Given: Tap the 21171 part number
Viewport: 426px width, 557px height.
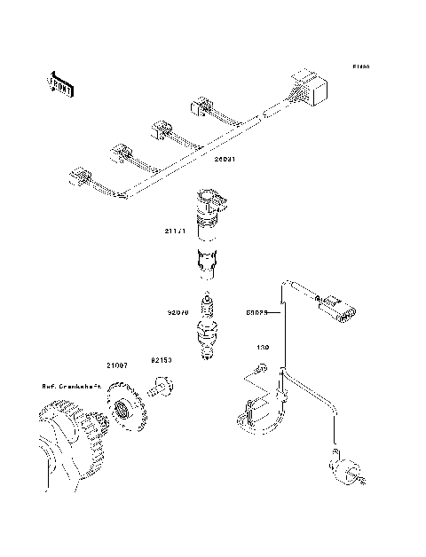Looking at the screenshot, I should pyautogui.click(x=174, y=232).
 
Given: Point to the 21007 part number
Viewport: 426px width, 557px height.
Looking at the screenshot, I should pyautogui.click(x=118, y=365).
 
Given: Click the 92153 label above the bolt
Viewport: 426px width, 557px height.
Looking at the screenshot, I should pyautogui.click(x=161, y=362).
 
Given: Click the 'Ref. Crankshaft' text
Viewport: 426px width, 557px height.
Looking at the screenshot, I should pyautogui.click(x=71, y=386).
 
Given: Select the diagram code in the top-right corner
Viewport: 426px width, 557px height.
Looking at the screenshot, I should pyautogui.click(x=359, y=67).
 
